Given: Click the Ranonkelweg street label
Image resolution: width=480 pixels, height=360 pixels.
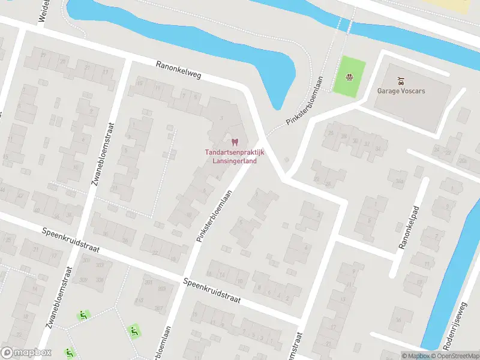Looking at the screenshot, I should [x=179, y=72].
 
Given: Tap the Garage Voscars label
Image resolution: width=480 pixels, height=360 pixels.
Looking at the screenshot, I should [x=401, y=92].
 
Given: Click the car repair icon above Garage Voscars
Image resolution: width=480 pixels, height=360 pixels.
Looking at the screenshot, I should [x=401, y=80].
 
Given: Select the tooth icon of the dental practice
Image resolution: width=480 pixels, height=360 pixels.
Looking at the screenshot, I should [x=235, y=142].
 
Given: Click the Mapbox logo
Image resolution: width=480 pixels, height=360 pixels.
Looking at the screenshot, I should [x=26, y=353].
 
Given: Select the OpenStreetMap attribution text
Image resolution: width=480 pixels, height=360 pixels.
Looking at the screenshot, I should [x=456, y=356].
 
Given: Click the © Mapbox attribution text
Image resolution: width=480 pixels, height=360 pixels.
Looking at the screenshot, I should [x=416, y=356].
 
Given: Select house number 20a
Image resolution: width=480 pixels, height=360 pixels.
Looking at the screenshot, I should [x=463, y=161].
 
